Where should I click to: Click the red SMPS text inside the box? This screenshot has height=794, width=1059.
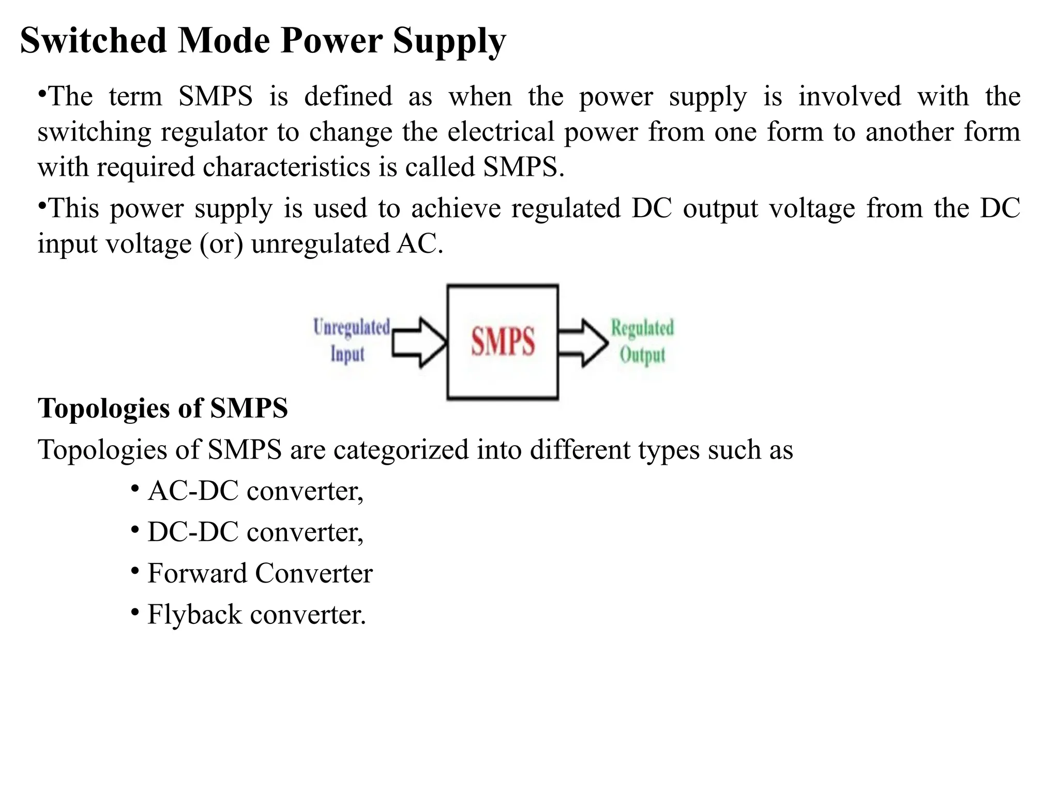pos(503,341)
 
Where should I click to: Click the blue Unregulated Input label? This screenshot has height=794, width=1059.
pos(351,341)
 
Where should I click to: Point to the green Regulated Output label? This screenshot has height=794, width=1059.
pos(642,342)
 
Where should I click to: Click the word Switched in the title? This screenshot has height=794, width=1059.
pos(93,41)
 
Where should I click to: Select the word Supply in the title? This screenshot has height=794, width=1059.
pos(449,41)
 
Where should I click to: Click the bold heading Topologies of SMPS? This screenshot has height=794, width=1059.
pos(163,408)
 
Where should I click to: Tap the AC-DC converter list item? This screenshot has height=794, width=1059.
pos(255,491)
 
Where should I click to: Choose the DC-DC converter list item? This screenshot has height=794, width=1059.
pos(255,532)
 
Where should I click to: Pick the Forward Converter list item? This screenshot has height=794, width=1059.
pos(260,573)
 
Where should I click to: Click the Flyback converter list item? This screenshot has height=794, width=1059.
pos(256,615)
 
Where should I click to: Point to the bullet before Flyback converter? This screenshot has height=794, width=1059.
pos(134,613)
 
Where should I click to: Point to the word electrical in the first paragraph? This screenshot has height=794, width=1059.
pos(501,132)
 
